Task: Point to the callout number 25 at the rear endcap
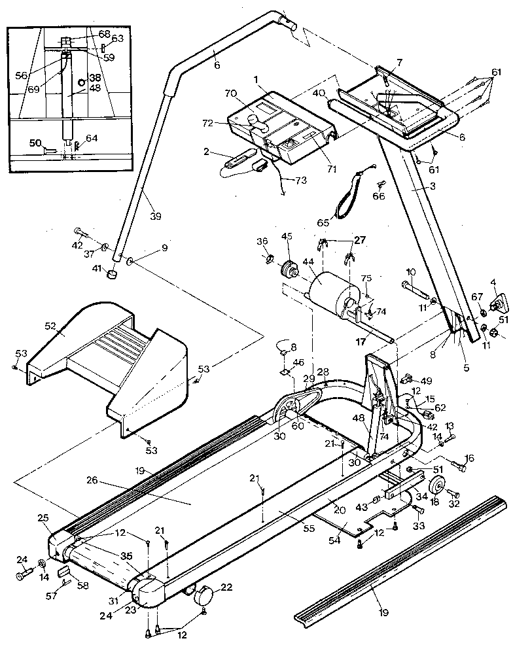(43, 518)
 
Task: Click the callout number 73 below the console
(301, 180)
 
